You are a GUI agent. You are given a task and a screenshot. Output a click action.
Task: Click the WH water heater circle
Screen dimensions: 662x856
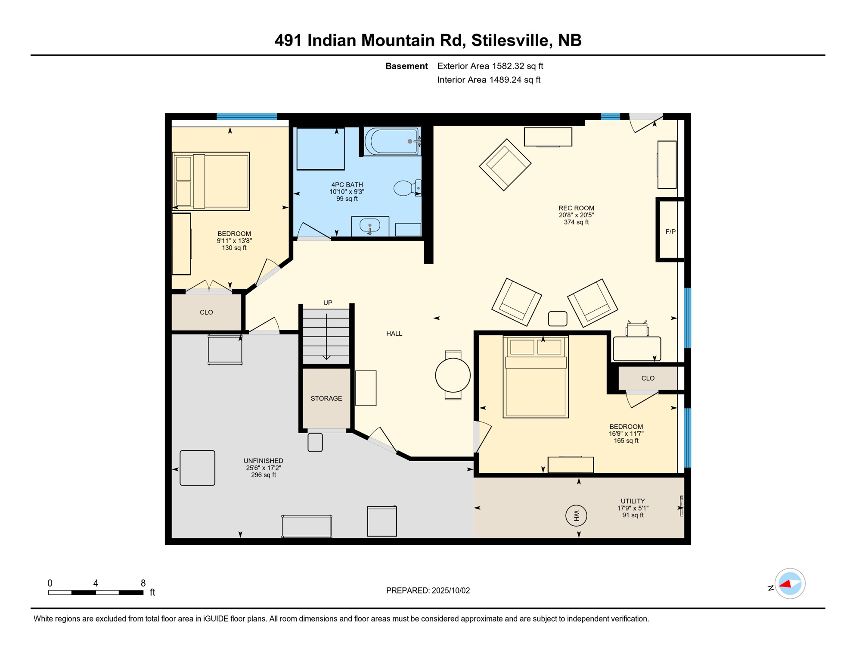pos(576,515)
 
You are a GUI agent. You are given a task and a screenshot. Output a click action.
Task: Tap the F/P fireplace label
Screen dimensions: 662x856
pos(670,232)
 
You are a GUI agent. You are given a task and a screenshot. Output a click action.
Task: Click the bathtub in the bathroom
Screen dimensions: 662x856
pos(391,141)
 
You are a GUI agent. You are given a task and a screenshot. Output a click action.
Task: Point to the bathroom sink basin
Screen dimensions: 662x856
pos(369,225)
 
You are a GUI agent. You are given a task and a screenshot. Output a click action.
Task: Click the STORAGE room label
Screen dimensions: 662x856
pos(326,398)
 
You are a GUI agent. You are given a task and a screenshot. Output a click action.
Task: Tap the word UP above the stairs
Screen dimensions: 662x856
pos(328,303)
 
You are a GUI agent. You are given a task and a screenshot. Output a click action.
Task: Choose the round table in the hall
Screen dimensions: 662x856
pos(453,375)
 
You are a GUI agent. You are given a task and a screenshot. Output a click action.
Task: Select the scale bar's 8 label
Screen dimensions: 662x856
pos(143,583)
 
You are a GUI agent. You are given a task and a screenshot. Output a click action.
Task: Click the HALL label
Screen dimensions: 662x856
pos(394,334)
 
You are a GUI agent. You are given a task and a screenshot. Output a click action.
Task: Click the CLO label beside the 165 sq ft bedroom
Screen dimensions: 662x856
pos(648,378)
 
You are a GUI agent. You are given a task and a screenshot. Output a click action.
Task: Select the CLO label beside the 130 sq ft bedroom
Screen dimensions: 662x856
pos(206,312)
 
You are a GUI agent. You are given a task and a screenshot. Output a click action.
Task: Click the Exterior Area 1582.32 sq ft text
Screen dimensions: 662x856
pos(490,66)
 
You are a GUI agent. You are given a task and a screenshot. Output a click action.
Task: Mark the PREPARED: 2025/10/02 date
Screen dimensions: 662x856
pos(428,590)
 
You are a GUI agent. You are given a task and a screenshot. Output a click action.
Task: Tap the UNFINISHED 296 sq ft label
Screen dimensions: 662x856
pos(263,468)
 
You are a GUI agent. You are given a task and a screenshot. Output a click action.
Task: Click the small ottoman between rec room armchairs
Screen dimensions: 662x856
pos(557,319)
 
